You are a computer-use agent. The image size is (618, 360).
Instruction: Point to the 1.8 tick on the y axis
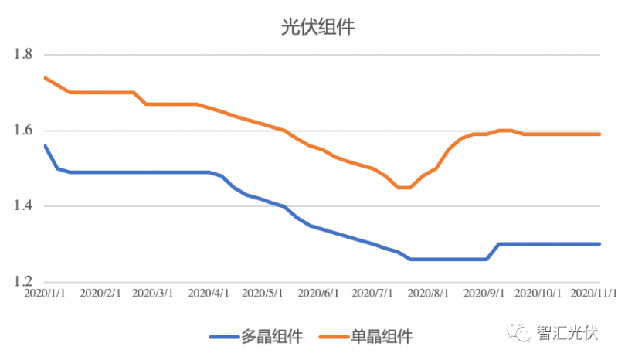pos(23,55)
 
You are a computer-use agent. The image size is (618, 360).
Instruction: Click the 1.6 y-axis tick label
pos(23,131)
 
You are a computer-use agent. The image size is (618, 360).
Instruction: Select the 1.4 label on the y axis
pos(23,206)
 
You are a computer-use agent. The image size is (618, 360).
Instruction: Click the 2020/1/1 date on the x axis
pos(45,294)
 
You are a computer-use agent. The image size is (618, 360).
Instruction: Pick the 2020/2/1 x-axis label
pos(101,294)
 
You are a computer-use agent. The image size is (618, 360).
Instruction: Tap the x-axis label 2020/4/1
pos(209,294)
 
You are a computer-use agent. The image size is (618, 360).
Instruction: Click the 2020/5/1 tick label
pos(263,294)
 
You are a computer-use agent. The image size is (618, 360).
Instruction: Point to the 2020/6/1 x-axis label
pos(318,294)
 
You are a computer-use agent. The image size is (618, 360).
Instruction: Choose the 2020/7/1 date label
pos(372,294)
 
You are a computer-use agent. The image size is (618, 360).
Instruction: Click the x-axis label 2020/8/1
pos(427,294)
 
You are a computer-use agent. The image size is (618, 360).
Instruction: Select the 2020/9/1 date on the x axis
pos(483,294)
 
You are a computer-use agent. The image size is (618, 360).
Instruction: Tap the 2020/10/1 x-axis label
pos(538,294)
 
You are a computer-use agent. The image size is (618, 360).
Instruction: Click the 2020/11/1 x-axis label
pos(593,294)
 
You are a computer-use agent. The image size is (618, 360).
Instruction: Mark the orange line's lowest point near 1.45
pos(403,188)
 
